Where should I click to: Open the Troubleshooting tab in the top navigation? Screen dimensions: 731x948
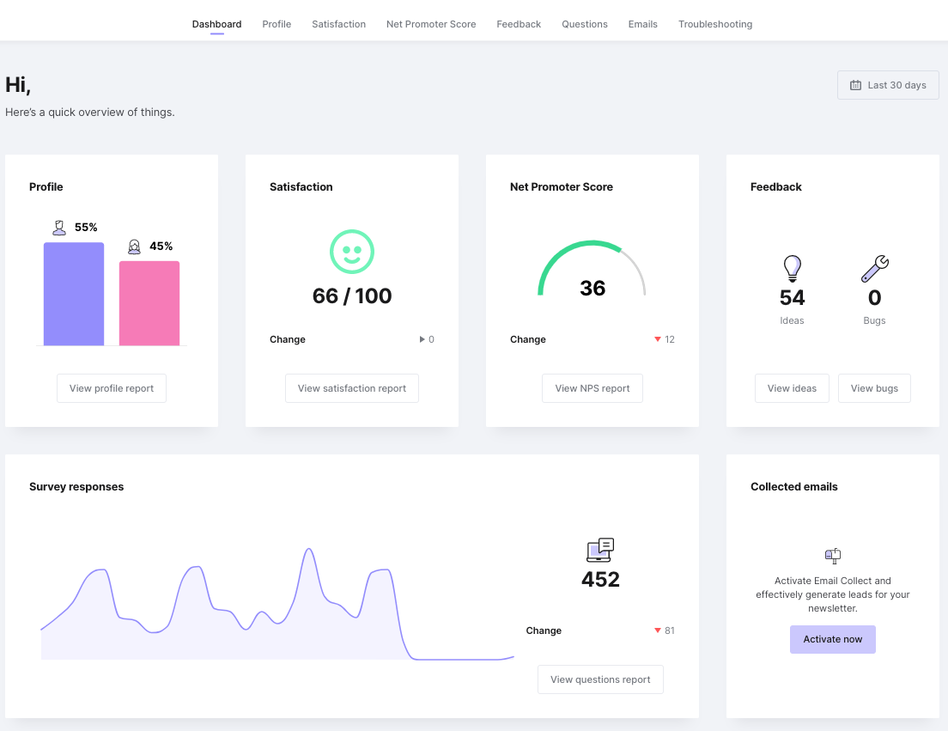(715, 24)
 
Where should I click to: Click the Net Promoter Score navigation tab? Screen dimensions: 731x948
(431, 24)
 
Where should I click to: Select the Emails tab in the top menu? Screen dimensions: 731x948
(642, 24)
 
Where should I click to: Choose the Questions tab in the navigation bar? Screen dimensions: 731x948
(585, 24)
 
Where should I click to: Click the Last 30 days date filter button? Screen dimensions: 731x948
(888, 85)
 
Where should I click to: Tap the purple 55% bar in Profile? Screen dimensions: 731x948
(74, 294)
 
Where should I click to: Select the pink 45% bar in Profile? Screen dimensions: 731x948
(149, 303)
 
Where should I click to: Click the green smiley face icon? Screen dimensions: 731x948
(352, 252)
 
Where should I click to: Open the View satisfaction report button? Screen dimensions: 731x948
(352, 388)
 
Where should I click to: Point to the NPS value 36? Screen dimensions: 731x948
(592, 288)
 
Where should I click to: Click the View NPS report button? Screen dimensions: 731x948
(592, 388)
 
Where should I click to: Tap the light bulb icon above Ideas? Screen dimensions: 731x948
(792, 269)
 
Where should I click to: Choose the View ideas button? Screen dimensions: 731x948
(793, 388)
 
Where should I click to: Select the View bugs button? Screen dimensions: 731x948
(874, 388)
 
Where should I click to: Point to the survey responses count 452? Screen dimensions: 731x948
(600, 579)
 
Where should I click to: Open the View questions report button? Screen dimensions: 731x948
(600, 679)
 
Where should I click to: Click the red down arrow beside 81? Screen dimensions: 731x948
(658, 630)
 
